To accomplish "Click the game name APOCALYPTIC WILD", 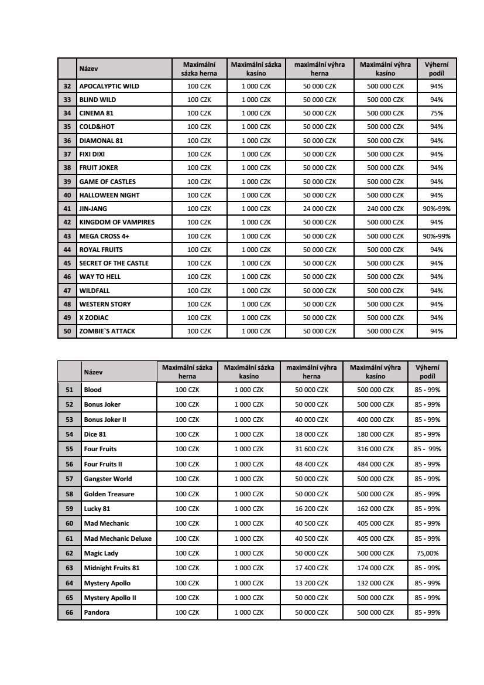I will point(109,86).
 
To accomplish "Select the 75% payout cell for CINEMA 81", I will point(436,113).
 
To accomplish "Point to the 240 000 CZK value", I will point(385,209).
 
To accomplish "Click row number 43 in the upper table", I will point(67,236).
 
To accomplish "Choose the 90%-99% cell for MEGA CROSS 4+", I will point(436,236).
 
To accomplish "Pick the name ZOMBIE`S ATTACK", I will point(107,331).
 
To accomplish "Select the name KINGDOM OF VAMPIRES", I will point(117,222).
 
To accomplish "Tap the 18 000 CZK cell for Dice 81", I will point(311,434).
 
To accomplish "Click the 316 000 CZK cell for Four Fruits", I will point(376,449).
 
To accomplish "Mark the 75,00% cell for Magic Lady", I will point(427,553).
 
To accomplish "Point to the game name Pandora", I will point(97,612).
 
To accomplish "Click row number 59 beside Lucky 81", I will point(70,509).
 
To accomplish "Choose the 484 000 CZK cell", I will point(376,464).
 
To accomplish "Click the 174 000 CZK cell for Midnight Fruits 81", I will point(376,568).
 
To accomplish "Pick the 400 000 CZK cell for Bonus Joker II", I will point(376,420).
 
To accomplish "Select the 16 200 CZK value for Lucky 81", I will point(311,509).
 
